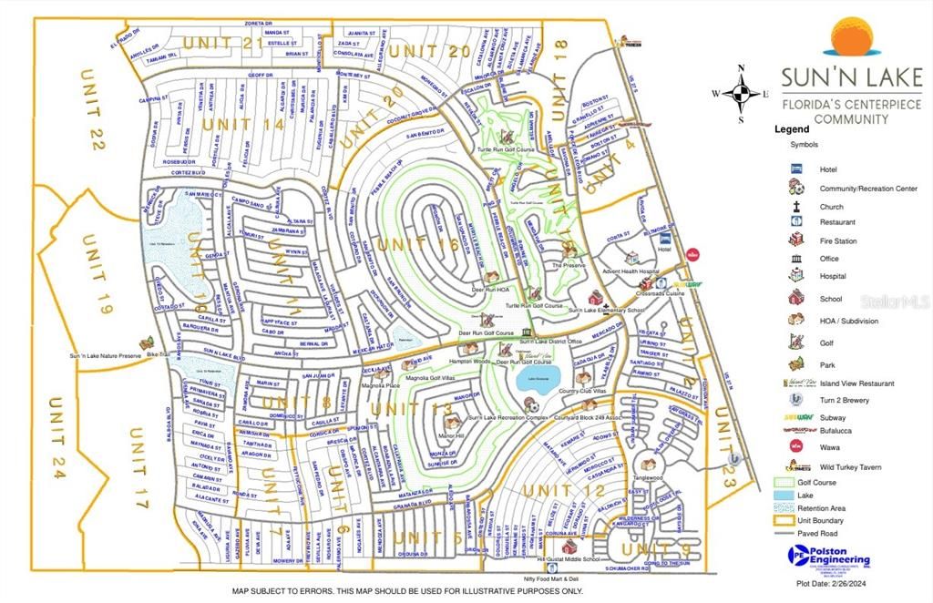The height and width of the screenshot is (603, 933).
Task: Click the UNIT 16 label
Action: coord(418,244)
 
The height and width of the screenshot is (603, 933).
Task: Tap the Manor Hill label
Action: coord(452,435)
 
